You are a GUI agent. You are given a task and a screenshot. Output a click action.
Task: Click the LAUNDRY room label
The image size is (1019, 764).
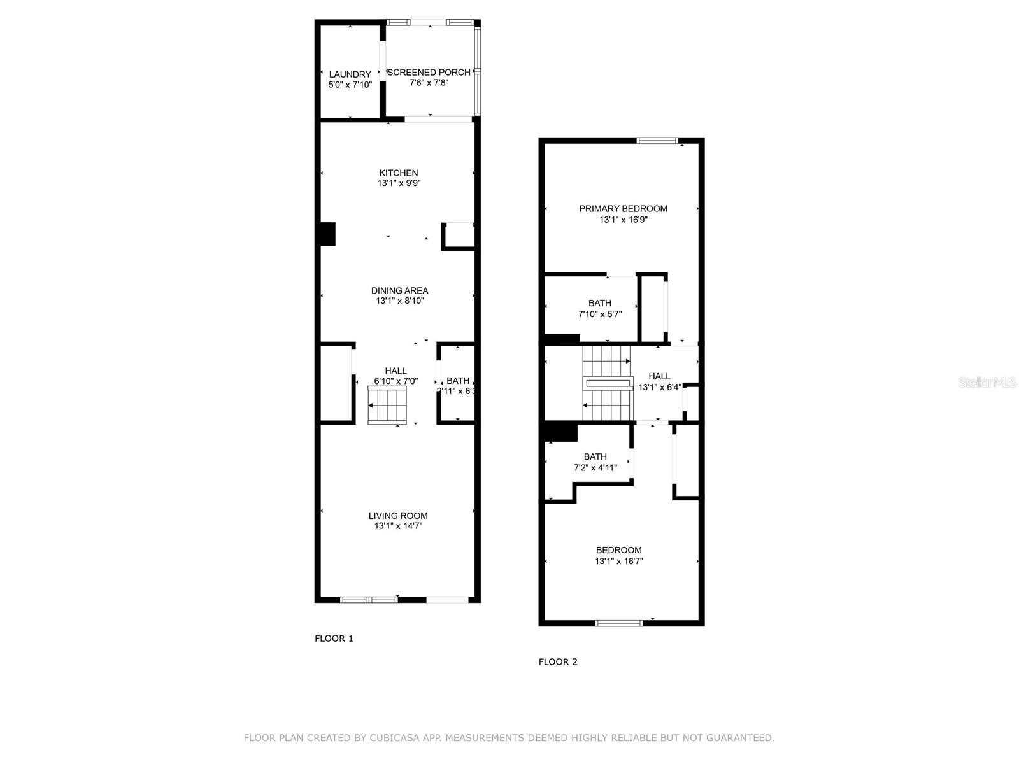coord(350,74)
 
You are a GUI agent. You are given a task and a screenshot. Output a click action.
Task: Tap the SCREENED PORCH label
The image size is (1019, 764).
coord(429,73)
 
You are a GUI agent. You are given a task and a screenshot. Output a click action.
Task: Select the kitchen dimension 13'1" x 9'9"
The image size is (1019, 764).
coord(399,183)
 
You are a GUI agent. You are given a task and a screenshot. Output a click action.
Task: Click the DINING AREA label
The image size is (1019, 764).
coord(399,290)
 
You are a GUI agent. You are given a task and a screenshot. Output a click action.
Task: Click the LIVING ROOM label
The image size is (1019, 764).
coord(398,516)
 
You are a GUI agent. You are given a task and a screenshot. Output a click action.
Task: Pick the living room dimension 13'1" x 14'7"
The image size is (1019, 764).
coord(398,526)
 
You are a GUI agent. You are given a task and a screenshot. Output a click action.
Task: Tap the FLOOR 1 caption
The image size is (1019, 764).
coord(334,639)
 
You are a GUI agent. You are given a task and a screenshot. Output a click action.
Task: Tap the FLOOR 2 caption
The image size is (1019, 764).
coord(558,662)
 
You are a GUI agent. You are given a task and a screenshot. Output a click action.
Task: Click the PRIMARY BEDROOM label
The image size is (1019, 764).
coord(623,209)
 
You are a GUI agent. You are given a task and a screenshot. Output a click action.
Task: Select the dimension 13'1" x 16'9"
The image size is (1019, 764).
coord(623,220)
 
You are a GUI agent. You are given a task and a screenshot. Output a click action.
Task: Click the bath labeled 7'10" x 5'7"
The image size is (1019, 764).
coord(599,308)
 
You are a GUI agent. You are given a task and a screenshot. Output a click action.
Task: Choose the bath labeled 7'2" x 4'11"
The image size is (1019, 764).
coord(595,462)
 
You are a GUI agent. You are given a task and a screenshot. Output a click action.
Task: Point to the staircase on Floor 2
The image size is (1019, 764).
coord(607,384)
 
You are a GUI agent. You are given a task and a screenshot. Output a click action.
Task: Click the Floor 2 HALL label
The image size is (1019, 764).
coord(659,376)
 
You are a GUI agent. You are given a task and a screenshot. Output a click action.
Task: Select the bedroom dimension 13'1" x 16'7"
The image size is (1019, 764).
coord(618,562)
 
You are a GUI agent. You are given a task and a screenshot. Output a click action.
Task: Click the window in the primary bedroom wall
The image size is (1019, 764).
coord(657,141)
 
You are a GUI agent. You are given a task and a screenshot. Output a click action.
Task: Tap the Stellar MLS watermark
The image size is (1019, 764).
coord(987,382)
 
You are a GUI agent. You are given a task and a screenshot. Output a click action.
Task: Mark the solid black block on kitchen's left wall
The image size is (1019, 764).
coord(327,234)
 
